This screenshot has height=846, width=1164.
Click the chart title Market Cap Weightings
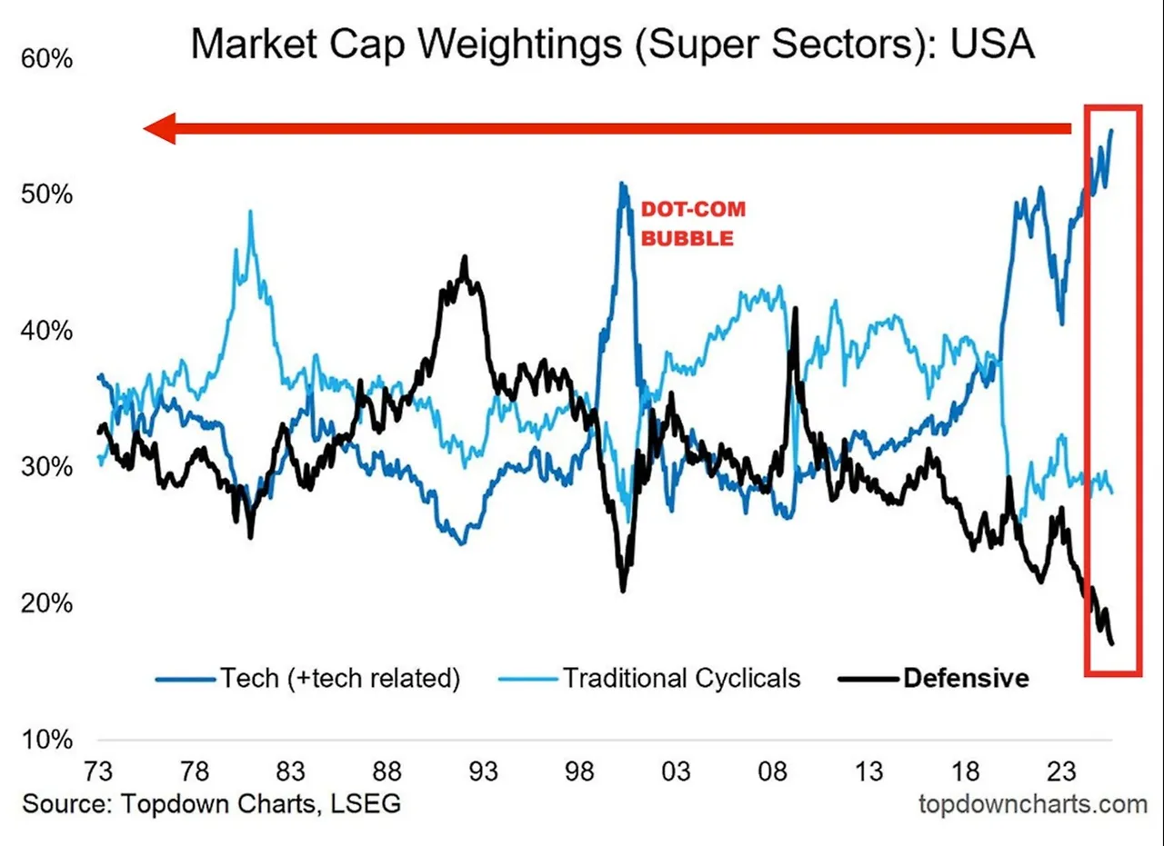tap(611, 45)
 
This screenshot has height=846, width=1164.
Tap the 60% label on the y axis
tap(46, 60)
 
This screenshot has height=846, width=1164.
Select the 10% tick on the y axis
tap(46, 740)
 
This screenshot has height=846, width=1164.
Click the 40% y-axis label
tap(46, 331)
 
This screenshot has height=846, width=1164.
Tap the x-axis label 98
tap(579, 772)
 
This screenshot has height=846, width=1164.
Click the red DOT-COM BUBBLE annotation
tap(693, 224)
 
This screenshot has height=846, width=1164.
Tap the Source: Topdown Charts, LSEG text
tap(211, 804)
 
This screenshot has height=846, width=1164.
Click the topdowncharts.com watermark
tap(1033, 804)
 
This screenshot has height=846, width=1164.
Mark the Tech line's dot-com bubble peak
tap(622, 184)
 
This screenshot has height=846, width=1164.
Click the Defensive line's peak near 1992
tap(465, 257)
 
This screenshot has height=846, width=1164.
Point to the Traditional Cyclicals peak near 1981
tap(250, 212)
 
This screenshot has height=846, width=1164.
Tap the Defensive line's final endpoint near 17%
tap(1112, 644)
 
